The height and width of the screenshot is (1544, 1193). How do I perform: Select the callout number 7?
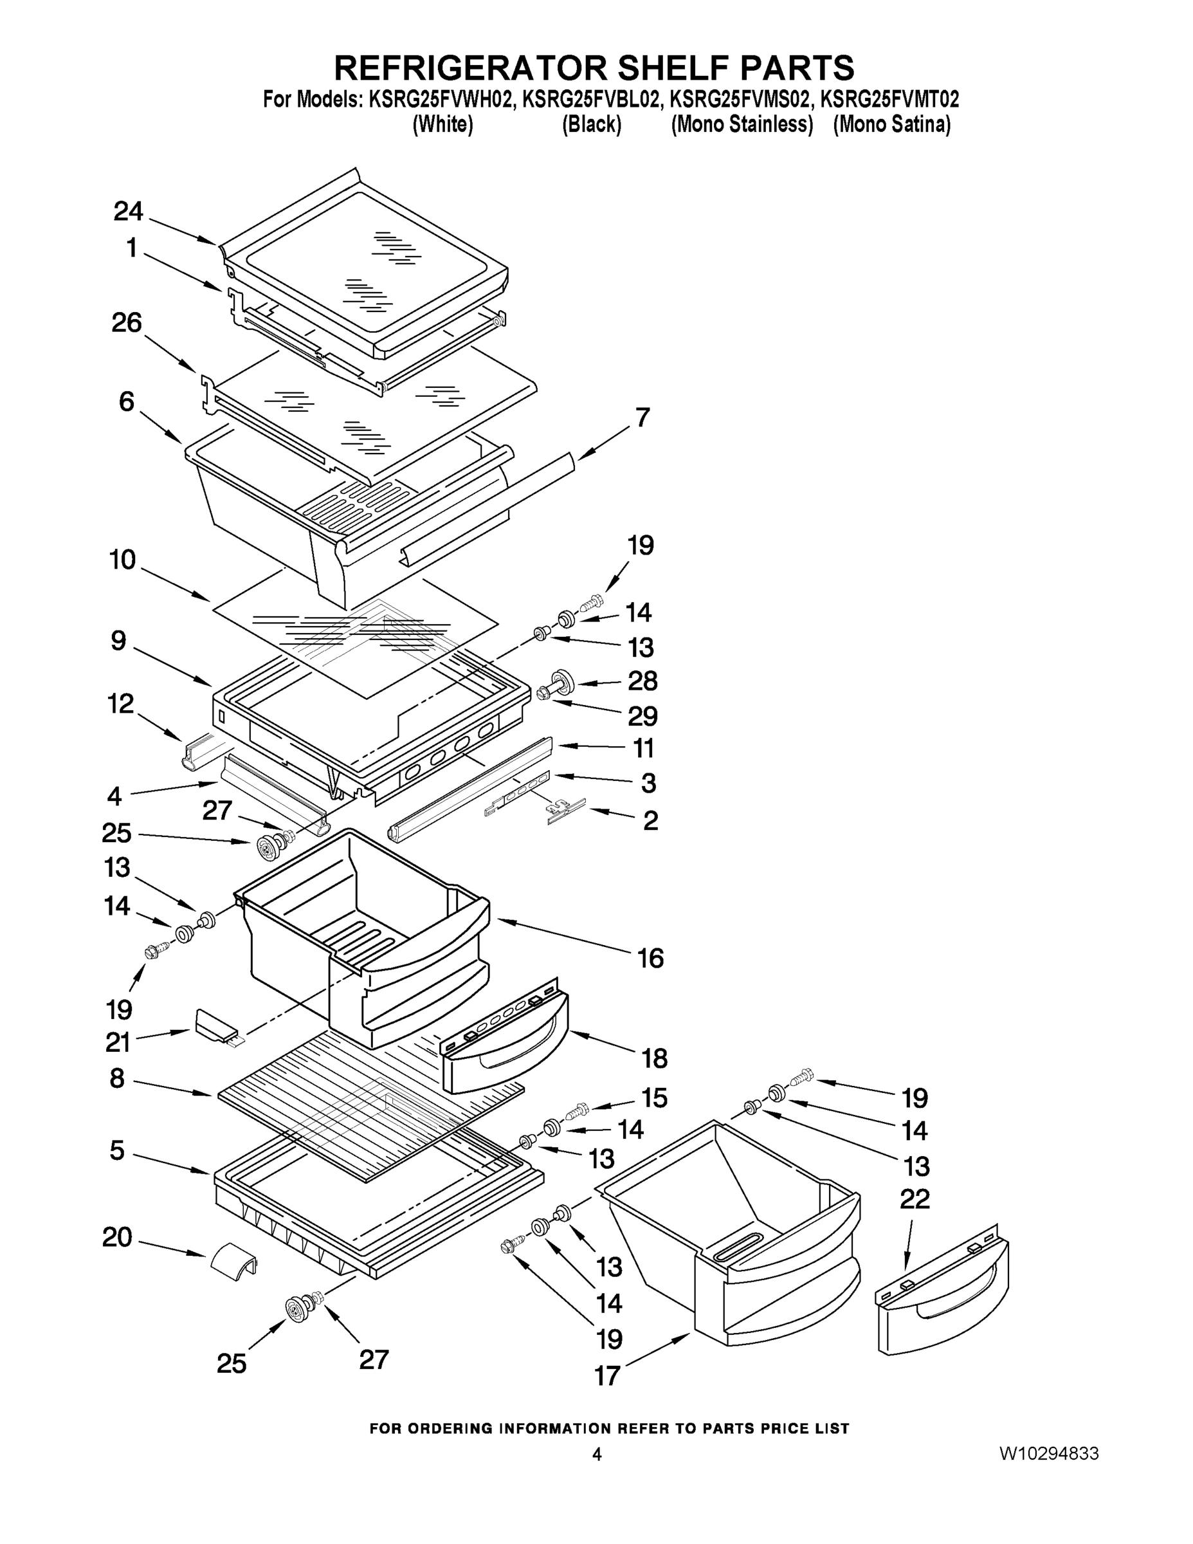coord(642,418)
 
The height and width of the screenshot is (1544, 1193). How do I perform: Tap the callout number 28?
coord(642,681)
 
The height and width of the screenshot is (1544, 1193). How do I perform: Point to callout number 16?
coord(650,958)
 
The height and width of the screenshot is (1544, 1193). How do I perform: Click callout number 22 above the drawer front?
coord(914,1199)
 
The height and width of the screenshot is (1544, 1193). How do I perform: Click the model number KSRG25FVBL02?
coord(591,100)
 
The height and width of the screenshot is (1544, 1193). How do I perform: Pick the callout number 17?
coord(607,1375)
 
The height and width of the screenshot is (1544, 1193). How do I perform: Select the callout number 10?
coord(122,560)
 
